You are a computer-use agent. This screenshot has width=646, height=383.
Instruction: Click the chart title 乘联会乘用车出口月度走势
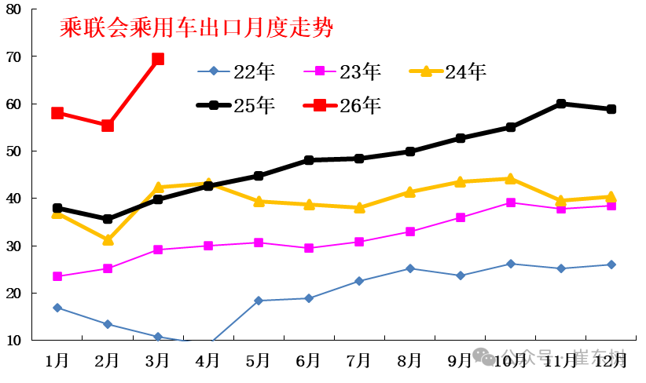tap(196, 28)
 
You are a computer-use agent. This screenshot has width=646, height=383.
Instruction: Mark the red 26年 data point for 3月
tap(158, 59)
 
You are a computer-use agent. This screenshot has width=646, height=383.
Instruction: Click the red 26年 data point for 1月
tap(57, 113)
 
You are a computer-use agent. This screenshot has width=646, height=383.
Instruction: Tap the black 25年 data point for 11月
tap(560, 104)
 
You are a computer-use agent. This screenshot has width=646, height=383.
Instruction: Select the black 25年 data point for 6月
tap(309, 160)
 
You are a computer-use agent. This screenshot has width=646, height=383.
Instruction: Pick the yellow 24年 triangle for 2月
tap(108, 239)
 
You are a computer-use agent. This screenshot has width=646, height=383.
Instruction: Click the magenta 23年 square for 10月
tap(510, 202)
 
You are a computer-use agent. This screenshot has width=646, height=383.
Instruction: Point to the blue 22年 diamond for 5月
tap(259, 301)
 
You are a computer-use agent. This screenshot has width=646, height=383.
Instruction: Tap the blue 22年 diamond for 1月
tap(57, 308)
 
